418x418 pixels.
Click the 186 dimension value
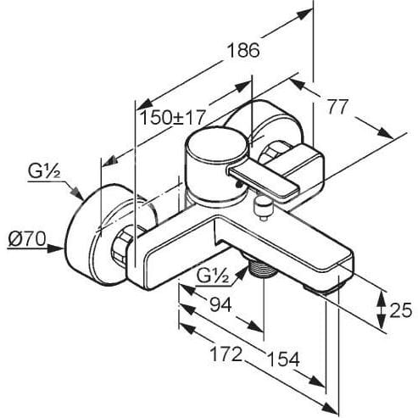click(243, 50)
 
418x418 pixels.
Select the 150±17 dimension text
click(172, 118)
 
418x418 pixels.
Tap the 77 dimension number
click(337, 107)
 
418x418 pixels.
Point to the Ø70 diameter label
click(27, 239)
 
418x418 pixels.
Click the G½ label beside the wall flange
click(44, 171)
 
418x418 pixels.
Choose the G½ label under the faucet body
click(213, 276)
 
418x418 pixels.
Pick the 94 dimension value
click(220, 304)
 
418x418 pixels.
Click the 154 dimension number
click(283, 359)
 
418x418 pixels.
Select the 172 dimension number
click(226, 354)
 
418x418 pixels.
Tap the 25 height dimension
click(400, 310)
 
